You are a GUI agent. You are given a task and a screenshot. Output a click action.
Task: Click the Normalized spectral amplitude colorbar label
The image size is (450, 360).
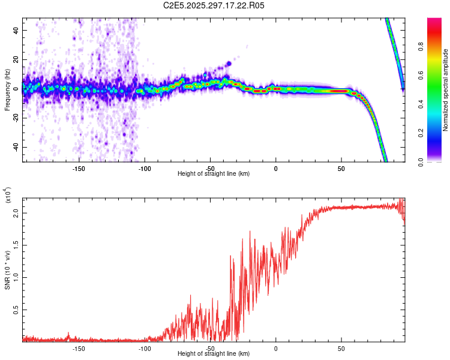(446, 90)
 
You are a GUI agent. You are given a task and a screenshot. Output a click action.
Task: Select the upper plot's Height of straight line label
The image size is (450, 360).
(214, 174)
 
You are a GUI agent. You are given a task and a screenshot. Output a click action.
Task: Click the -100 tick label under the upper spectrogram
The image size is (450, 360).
(144, 169)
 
